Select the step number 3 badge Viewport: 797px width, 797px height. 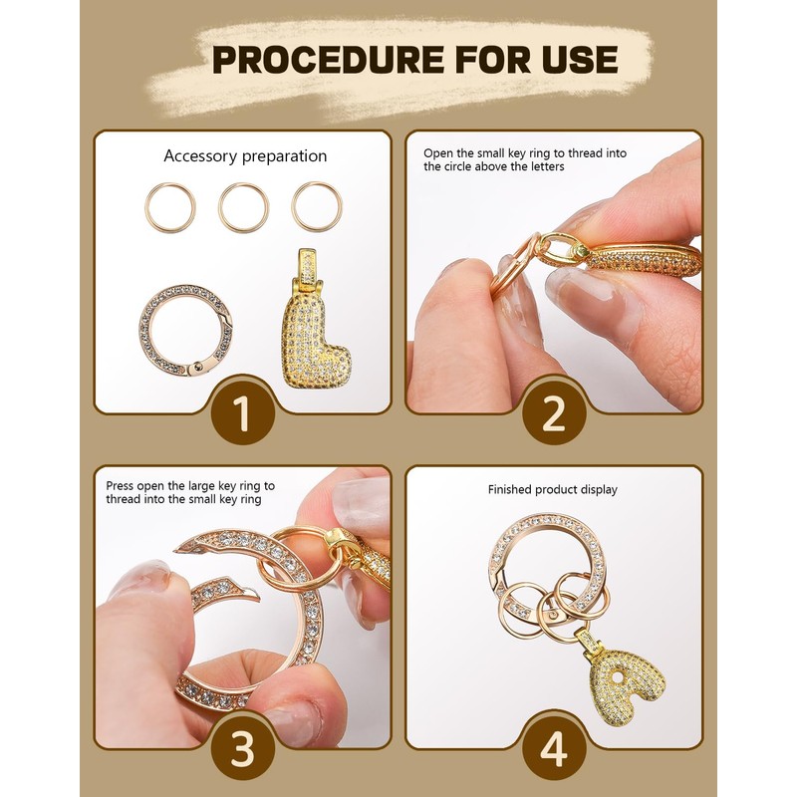[x=244, y=749]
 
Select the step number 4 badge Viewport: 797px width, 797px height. [x=553, y=749]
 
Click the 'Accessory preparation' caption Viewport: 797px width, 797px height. [x=245, y=156]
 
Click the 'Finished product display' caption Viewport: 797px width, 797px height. [x=552, y=489]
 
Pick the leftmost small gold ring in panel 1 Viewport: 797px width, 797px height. [x=169, y=207]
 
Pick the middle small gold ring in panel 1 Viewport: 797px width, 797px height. [x=244, y=207]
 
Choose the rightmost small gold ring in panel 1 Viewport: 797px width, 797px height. [x=317, y=207]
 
